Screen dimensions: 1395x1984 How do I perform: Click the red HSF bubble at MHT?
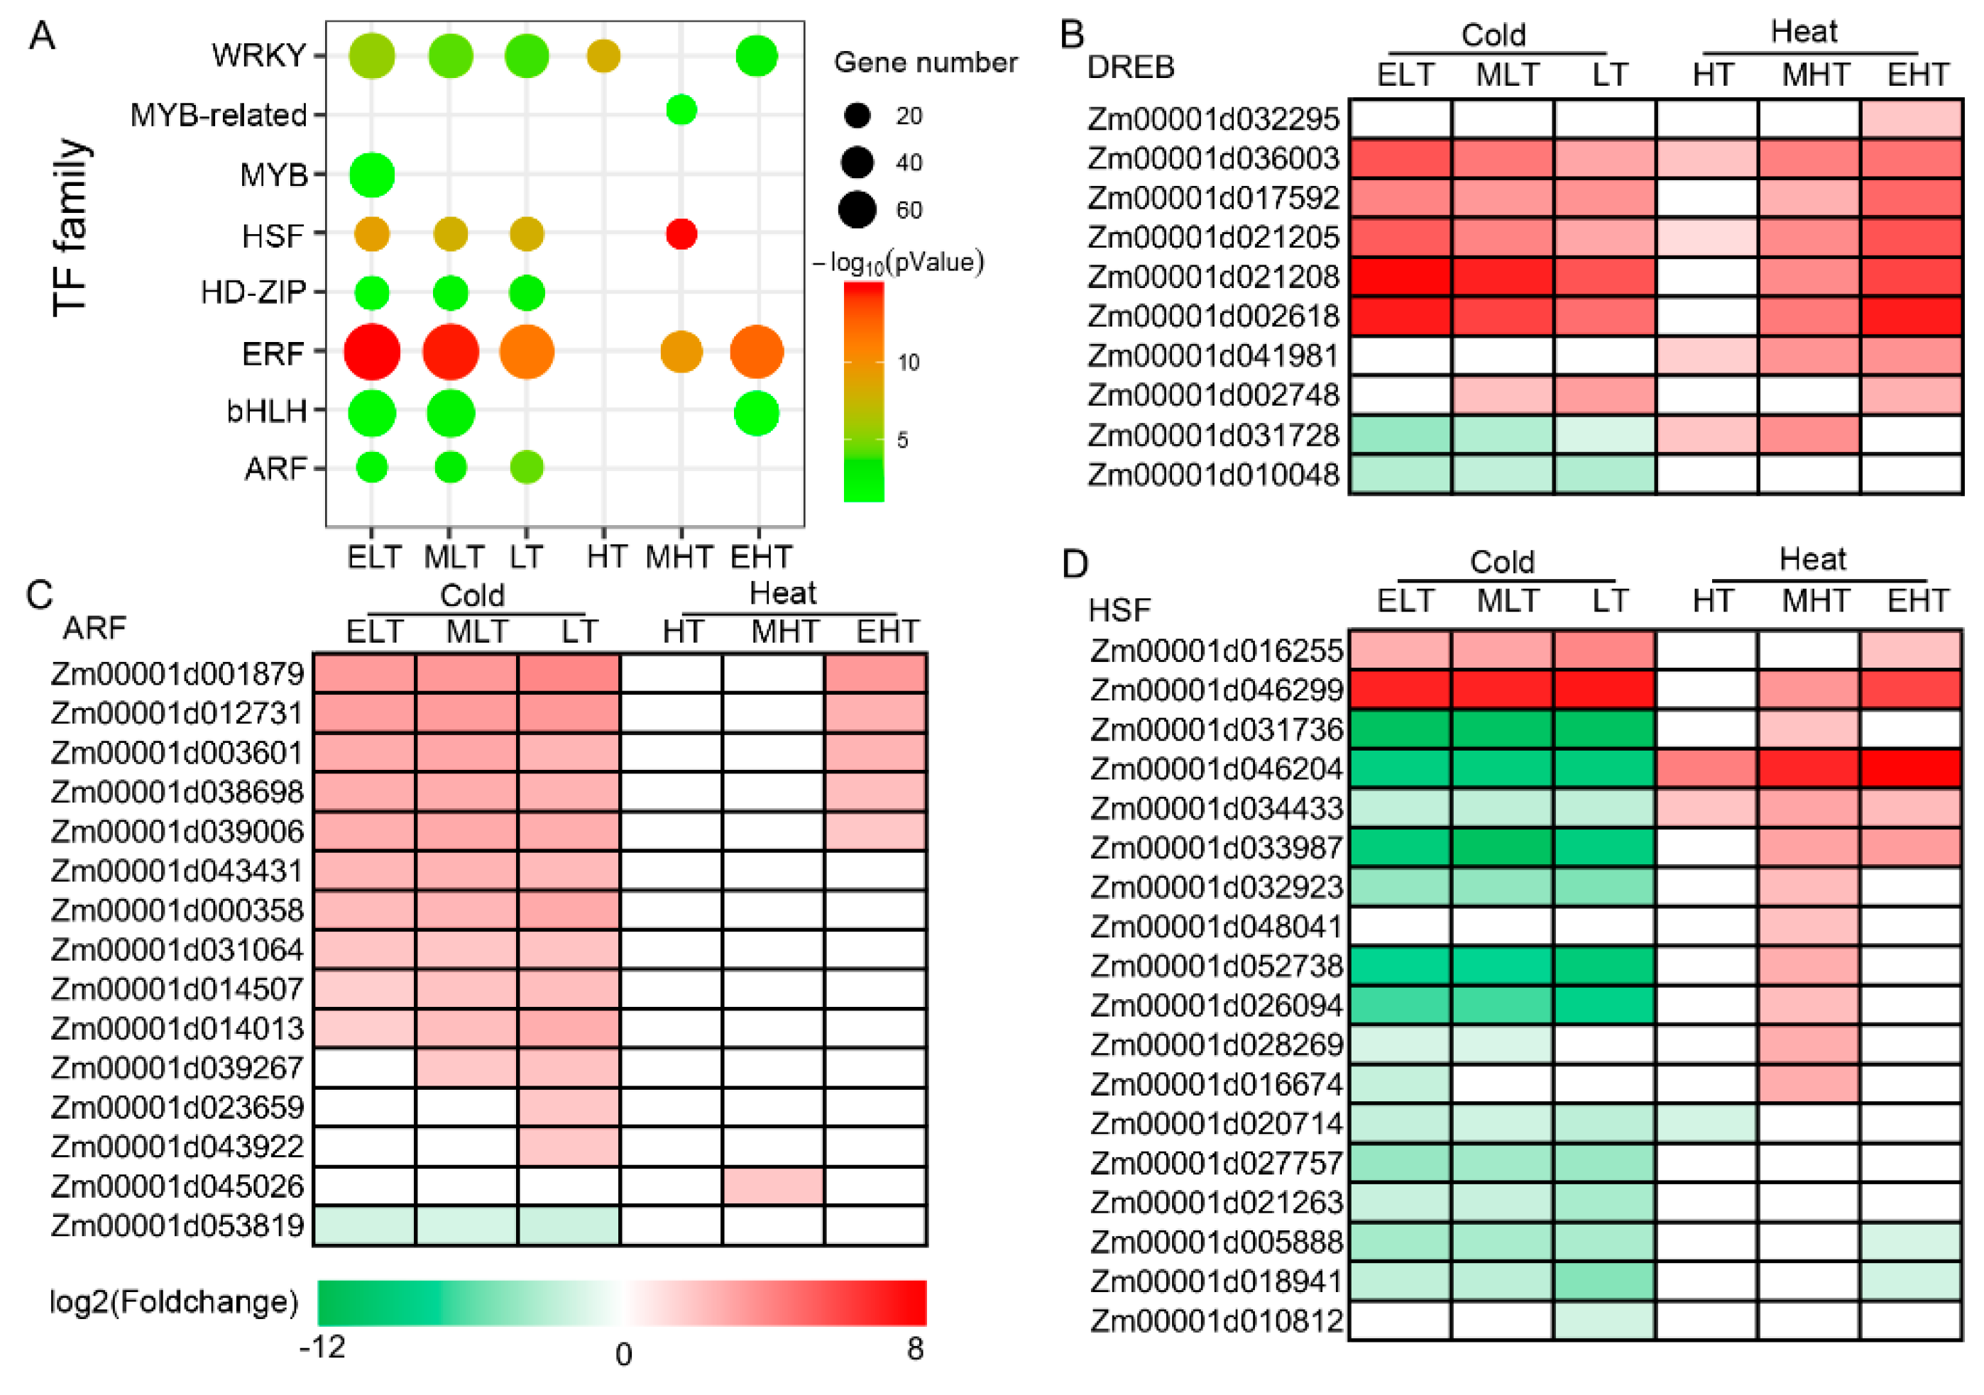tap(681, 234)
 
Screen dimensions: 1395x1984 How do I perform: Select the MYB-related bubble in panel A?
tap(681, 111)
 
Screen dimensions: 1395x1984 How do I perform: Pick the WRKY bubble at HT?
tap(603, 56)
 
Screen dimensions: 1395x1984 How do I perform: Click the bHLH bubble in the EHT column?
tap(757, 413)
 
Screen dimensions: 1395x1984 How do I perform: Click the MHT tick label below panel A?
tap(679, 557)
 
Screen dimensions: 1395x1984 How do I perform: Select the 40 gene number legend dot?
tap(857, 162)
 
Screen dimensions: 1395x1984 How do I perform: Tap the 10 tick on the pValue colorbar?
tap(908, 362)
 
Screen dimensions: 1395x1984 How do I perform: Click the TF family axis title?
tap(71, 227)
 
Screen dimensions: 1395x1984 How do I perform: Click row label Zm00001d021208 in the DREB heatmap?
tap(1212, 277)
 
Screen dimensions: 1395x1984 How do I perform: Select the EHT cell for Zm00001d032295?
tap(1912, 119)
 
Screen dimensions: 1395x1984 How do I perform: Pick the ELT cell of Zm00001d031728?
tap(1400, 434)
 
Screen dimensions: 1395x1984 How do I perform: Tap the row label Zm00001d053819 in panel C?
tap(177, 1225)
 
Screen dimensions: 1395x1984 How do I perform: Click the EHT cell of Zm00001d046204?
tap(1912, 768)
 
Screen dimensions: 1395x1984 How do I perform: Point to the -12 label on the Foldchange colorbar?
tap(322, 1346)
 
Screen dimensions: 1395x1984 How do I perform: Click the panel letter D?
tap(1074, 564)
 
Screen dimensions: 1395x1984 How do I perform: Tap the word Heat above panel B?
tap(1804, 32)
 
